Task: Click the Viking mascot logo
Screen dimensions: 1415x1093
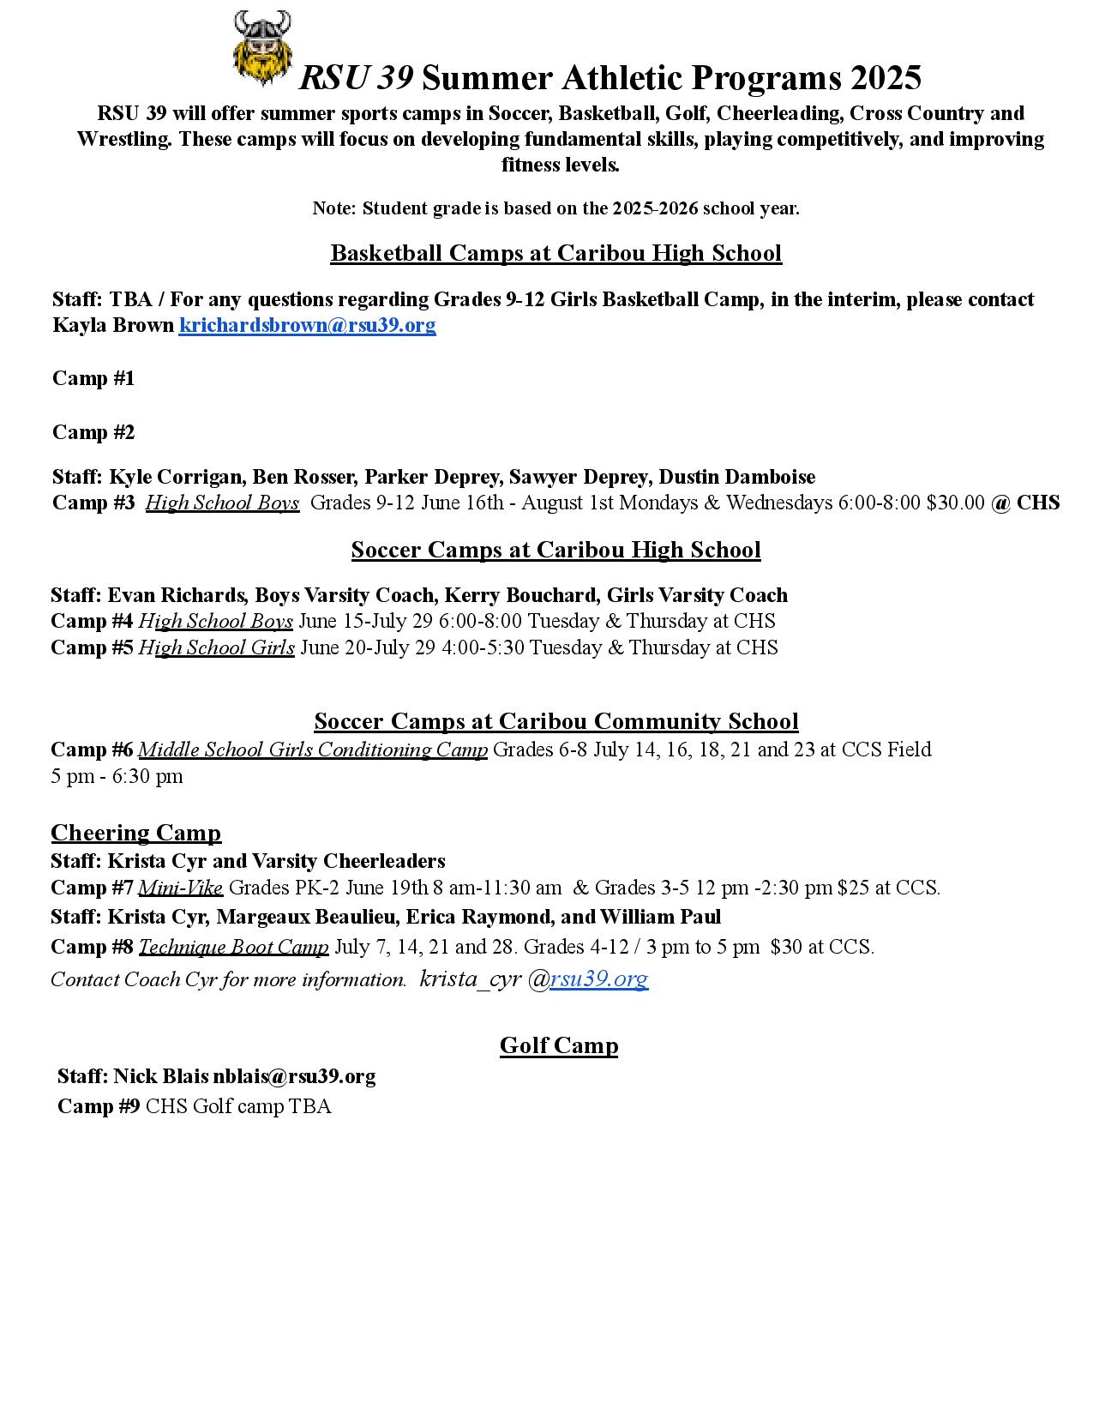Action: (x=262, y=48)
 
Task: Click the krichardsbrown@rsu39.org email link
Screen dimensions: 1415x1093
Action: (x=307, y=326)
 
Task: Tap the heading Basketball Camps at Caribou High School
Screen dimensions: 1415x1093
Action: (x=556, y=253)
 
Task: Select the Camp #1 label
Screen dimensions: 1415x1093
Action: (x=93, y=378)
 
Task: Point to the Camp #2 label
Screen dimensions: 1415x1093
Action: (x=93, y=432)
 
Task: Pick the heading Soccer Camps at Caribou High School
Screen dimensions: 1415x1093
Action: (x=556, y=550)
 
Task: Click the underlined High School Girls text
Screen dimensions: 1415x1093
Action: (x=217, y=647)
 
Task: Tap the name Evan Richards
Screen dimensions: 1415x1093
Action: (x=176, y=595)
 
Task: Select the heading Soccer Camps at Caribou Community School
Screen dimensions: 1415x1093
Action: (x=556, y=721)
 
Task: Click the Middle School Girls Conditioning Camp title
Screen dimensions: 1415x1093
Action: (x=313, y=750)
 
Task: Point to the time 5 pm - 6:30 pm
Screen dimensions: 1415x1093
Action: (x=117, y=776)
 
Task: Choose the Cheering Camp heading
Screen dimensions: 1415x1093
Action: (x=135, y=833)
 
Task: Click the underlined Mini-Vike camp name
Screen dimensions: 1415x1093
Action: (x=181, y=888)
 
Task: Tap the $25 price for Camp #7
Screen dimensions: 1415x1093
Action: (x=850, y=888)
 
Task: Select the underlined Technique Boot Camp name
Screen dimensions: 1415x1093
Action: (x=233, y=947)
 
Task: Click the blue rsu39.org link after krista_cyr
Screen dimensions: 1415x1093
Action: (x=598, y=978)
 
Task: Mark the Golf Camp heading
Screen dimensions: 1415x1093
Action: (x=559, y=1045)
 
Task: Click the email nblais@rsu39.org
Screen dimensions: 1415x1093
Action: (x=294, y=1076)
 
